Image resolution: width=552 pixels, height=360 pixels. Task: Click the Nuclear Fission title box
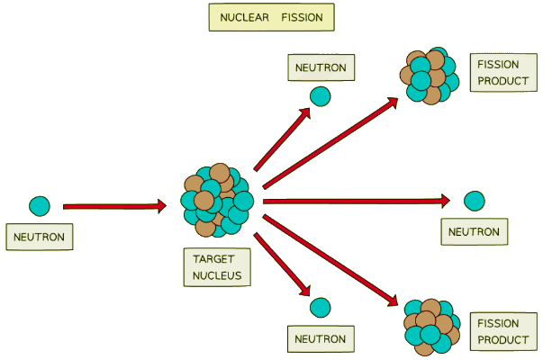(271, 17)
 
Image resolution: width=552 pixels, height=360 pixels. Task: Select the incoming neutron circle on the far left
(39, 205)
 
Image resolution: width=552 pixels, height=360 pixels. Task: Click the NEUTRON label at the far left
(39, 237)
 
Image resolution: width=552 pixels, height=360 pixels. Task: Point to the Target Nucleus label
(217, 267)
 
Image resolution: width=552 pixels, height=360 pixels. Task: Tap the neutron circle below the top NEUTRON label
(321, 95)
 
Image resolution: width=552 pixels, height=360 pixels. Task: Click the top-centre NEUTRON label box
(321, 67)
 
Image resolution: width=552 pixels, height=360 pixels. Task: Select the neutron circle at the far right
(474, 201)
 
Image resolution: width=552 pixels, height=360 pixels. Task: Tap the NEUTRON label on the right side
(474, 231)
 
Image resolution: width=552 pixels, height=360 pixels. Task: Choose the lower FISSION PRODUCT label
(500, 331)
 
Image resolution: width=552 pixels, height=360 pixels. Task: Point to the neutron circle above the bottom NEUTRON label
(321, 308)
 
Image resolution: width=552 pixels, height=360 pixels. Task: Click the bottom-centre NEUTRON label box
(321, 339)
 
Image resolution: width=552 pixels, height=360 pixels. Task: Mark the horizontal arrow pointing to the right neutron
(360, 201)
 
